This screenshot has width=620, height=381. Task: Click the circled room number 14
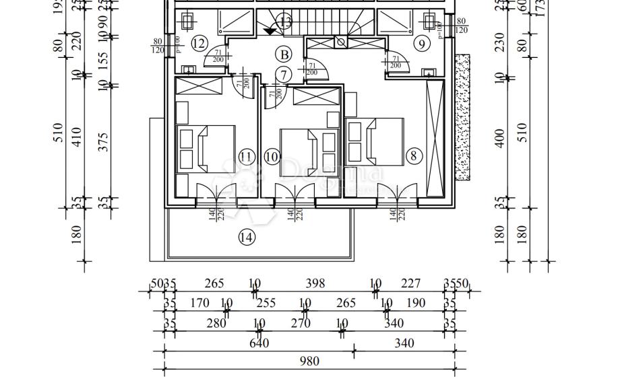coord(247,237)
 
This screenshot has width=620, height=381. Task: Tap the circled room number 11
coord(246,157)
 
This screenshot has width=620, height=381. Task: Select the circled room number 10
coord(272,157)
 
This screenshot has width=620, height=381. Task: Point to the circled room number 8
coord(414,156)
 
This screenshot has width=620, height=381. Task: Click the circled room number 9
coord(422,44)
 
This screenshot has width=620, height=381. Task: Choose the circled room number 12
coord(198,44)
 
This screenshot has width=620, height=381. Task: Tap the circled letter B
coord(284,55)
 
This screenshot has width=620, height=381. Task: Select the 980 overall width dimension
coord(309,361)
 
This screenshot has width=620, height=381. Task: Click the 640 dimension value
coord(259,343)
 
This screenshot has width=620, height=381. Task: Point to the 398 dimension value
coord(314,284)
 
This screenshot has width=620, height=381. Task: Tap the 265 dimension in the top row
coord(214,284)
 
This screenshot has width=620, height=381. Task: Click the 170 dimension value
coord(199,303)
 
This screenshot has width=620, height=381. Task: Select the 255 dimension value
coord(266,303)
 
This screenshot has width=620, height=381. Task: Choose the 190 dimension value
coord(416,303)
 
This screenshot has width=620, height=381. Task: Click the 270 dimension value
coord(301,324)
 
